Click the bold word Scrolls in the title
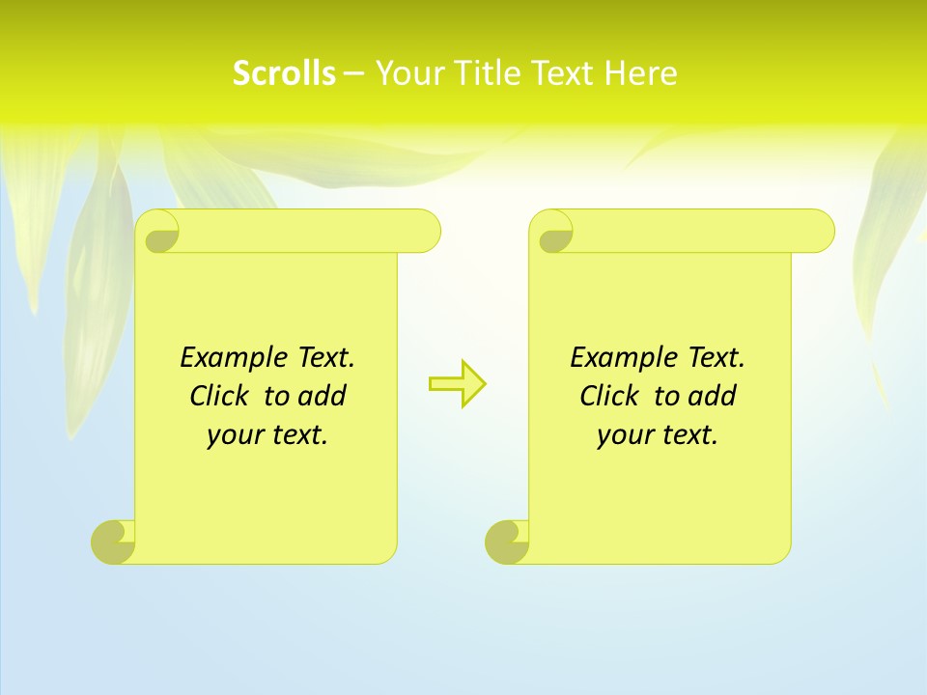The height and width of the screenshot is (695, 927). (x=284, y=73)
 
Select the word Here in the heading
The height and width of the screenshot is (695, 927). (x=640, y=73)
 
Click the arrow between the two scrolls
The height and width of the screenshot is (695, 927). (x=457, y=384)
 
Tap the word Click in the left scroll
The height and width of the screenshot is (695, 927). (x=211, y=396)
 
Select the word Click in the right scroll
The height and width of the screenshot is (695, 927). (x=602, y=396)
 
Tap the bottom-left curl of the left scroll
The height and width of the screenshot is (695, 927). (x=114, y=542)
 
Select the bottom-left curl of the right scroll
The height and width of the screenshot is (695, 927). (x=508, y=542)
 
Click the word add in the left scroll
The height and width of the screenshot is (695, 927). (x=322, y=396)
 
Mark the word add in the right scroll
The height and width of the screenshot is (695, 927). (x=712, y=396)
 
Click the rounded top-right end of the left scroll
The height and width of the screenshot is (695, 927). (x=425, y=231)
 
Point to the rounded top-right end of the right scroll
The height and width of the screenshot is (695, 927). (x=819, y=231)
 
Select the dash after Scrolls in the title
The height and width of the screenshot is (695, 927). (x=353, y=73)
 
